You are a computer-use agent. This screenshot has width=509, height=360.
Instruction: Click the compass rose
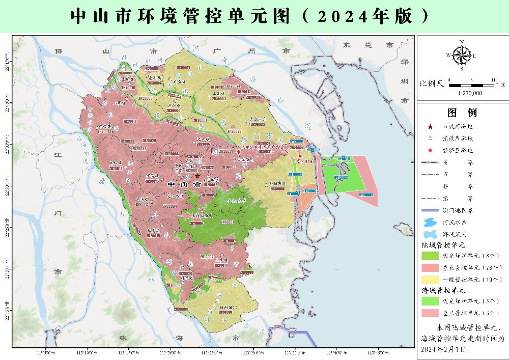(x=461, y=54)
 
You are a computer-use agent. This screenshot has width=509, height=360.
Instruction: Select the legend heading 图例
(x=462, y=113)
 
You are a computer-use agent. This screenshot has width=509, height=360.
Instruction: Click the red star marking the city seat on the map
(x=197, y=176)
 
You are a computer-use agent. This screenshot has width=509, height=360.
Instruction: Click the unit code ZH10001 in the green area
(x=228, y=223)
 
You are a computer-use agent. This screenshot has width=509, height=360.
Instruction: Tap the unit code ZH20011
(x=129, y=121)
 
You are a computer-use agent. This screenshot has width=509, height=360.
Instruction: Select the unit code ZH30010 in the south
(x=225, y=312)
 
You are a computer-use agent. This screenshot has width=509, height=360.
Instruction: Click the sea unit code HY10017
(x=345, y=159)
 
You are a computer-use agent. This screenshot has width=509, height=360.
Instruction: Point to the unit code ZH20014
(x=116, y=168)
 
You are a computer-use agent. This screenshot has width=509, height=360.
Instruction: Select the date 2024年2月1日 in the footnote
(x=443, y=349)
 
